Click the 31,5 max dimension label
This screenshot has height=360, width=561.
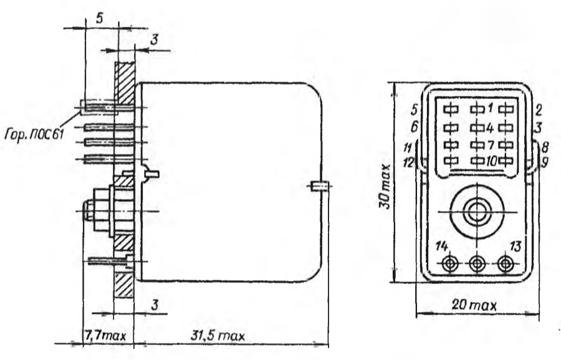pyautogui.click(x=218, y=336)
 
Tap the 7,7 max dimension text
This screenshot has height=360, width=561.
pyautogui.click(x=105, y=336)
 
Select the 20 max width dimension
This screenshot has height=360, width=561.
pyautogui.click(x=474, y=305)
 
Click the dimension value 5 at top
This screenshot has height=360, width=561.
pyautogui.click(x=100, y=19)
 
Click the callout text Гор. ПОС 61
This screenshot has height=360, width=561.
pyautogui.click(x=34, y=135)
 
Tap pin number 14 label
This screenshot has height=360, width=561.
pyautogui.click(x=442, y=246)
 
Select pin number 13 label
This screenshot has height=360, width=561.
pyautogui.click(x=515, y=246)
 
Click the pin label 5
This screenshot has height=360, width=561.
pyautogui.click(x=415, y=110)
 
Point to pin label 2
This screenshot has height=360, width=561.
pyautogui.click(x=539, y=110)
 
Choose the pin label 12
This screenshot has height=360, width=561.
pyautogui.click(x=408, y=163)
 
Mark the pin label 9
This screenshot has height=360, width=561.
pyautogui.click(x=544, y=163)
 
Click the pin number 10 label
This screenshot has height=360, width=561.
pyautogui.click(x=492, y=161)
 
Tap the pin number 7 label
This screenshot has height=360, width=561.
pyautogui.click(x=491, y=144)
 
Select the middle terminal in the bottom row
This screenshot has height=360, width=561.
pyautogui.click(x=477, y=264)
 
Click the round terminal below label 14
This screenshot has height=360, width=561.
pyautogui.click(x=449, y=264)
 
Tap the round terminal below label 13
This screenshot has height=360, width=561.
pyautogui.click(x=505, y=264)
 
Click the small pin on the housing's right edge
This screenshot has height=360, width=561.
pyautogui.click(x=319, y=186)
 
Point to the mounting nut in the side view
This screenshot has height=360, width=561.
pyautogui.click(x=103, y=211)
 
